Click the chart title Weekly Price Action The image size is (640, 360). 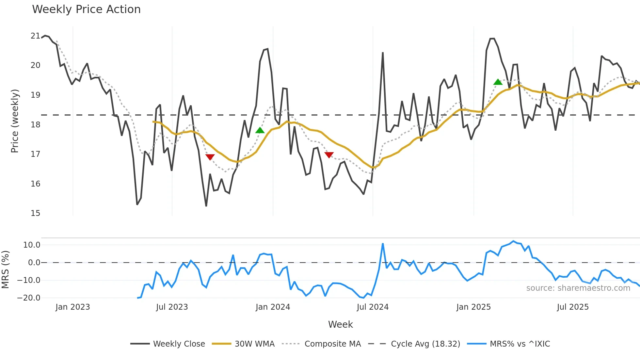[86, 9]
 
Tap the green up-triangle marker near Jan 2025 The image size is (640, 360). [498, 82]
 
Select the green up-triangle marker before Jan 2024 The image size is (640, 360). [260, 130]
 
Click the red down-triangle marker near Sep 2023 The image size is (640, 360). [210, 157]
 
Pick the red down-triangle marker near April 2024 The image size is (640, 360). [329, 155]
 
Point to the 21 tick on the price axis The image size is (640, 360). [35, 36]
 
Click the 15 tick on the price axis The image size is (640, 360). [35, 213]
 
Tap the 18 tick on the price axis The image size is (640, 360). [35, 125]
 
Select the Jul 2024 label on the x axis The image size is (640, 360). [373, 307]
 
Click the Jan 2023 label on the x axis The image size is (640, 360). [72, 307]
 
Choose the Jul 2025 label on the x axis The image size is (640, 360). [573, 307]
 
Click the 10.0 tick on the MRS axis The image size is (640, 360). [31, 245]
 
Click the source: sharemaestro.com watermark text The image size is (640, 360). [578, 288]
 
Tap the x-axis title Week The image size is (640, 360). [340, 324]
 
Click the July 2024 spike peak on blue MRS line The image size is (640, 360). [383, 244]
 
